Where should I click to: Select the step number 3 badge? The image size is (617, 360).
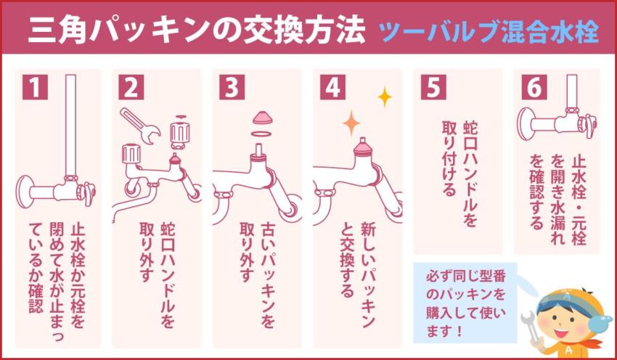(232, 87)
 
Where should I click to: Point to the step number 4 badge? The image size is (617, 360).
(332, 87)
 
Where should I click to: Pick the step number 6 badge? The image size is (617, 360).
(532, 87)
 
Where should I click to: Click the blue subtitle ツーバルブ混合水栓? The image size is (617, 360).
(490, 33)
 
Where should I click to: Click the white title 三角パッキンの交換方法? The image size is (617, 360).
(196, 33)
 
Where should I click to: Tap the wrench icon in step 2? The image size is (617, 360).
(142, 126)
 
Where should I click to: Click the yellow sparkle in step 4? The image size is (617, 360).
(384, 97)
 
